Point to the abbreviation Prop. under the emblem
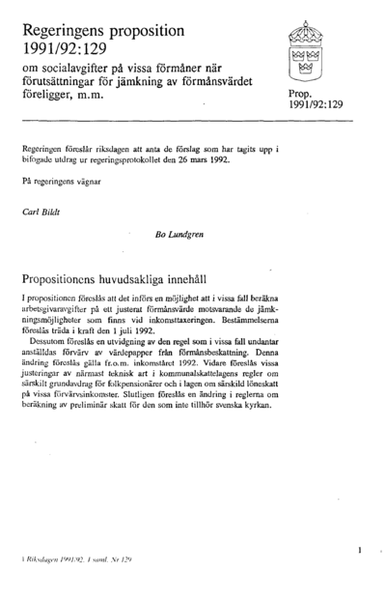coord(304,92)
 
